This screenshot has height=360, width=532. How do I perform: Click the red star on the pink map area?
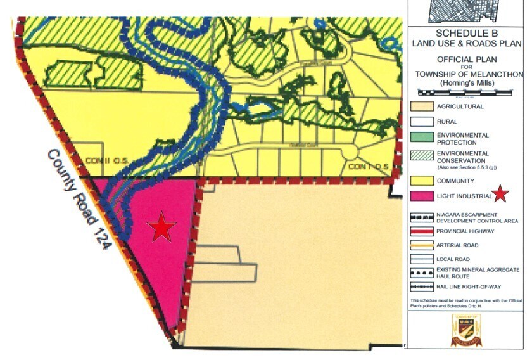coord(161,227)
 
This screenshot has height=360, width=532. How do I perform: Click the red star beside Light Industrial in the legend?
coord(502,195)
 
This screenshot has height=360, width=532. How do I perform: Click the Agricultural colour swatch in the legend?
coord(421,106)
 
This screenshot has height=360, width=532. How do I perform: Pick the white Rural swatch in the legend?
coord(421,122)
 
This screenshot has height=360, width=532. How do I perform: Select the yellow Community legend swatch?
coord(421,181)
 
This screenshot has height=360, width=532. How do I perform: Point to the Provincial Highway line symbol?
coord(421,231)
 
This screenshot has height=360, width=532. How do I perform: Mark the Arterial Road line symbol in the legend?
coord(421,245)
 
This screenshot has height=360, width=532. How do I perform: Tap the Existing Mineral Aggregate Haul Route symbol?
coord(421,274)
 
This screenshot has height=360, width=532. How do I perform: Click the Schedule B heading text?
coord(466,33)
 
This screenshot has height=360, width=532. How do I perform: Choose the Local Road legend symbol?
coord(421,259)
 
